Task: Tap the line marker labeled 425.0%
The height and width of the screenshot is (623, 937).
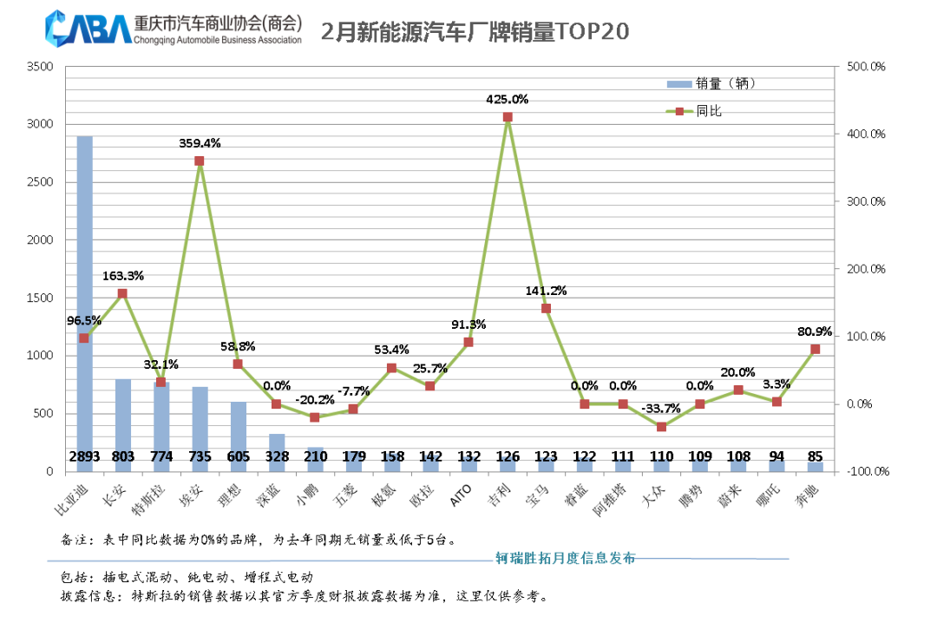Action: click(x=508, y=117)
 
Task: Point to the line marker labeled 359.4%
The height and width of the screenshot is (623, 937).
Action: click(x=200, y=161)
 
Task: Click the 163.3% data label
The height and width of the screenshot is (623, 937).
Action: click(x=123, y=276)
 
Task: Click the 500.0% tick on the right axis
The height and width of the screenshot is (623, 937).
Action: click(x=865, y=66)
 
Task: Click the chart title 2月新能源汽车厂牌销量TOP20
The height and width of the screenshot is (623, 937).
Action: click(x=475, y=32)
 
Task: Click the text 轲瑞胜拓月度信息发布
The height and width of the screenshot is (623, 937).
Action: click(x=565, y=558)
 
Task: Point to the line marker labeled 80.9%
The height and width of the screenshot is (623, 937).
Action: click(x=816, y=349)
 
